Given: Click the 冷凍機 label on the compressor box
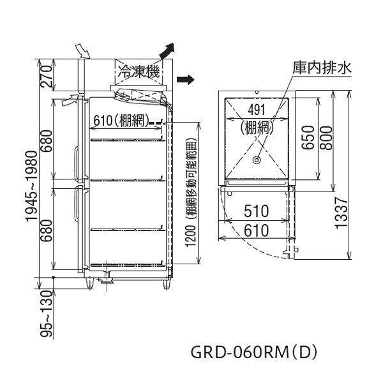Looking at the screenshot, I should [137, 74].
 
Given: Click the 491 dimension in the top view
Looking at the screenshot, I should [256, 109].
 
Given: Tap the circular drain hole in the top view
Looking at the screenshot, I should [257, 161].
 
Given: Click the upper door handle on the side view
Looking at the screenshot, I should [77, 156].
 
